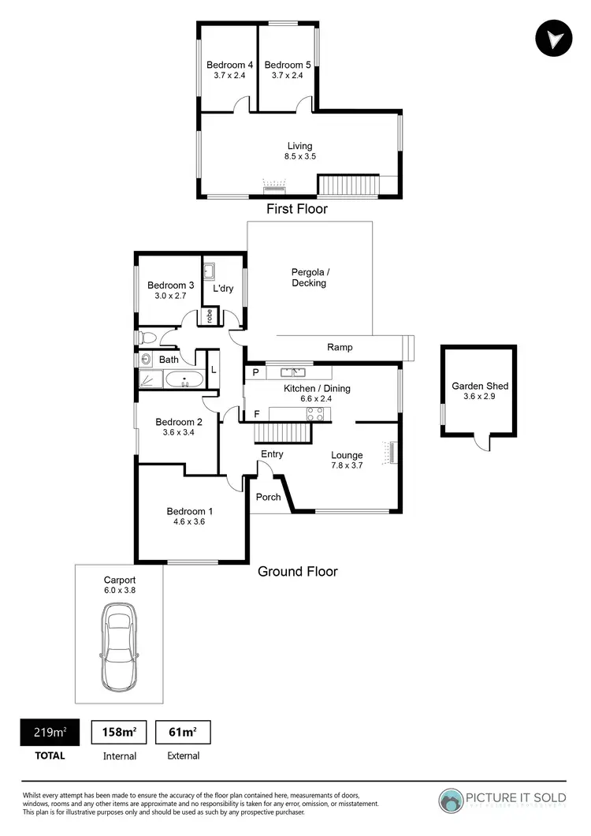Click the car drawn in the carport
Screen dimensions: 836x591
click(120, 636)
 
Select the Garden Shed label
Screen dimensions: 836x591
click(479, 386)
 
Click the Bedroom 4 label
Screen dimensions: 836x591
click(229, 65)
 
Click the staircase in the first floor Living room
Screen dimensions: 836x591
click(348, 185)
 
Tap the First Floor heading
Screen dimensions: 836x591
click(296, 209)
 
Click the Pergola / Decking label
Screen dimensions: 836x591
click(308, 277)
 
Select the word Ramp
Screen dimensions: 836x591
click(340, 347)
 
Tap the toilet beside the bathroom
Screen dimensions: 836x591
click(147, 338)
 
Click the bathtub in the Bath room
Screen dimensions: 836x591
click(184, 380)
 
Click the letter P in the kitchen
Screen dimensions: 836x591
click(256, 372)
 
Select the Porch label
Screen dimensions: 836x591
click(268, 497)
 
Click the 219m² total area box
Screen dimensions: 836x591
click(49, 732)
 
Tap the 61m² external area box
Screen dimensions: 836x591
click(183, 732)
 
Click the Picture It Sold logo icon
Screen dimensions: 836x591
click(452, 801)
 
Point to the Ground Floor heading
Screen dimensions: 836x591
click(298, 571)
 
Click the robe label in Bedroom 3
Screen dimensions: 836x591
click(209, 315)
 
